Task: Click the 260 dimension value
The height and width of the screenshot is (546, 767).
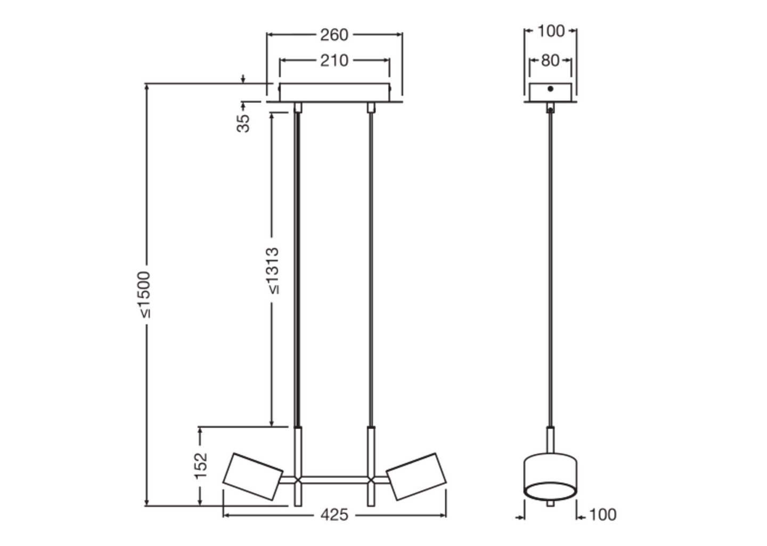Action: click(334, 35)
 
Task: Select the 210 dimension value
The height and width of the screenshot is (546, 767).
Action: click(334, 61)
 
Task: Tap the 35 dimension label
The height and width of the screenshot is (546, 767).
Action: click(243, 123)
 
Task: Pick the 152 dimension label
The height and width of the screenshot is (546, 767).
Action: click(201, 466)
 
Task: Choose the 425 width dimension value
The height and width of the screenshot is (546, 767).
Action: click(334, 515)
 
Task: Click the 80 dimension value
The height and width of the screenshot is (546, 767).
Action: click(550, 61)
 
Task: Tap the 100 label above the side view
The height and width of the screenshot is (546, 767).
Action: click(551, 31)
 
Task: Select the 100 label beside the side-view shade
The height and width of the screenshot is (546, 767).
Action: click(603, 515)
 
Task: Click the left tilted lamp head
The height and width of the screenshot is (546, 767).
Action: click(252, 477)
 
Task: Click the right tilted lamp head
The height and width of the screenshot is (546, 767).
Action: click(417, 477)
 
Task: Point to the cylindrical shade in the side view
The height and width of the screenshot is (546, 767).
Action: click(550, 477)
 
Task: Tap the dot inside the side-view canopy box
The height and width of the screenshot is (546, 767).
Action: click(550, 89)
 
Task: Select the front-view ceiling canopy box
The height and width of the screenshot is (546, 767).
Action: click(334, 93)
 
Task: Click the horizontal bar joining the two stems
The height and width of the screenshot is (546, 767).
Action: click(334, 480)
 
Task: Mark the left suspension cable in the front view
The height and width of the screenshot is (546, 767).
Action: click(298, 270)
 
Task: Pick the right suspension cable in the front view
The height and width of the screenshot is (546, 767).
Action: click(371, 270)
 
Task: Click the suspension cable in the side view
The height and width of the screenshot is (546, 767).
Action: click(550, 270)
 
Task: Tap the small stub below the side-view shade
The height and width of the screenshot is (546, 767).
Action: click(550, 503)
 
